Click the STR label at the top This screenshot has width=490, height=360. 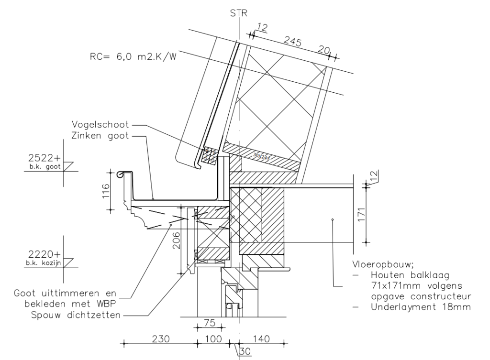click(238, 13)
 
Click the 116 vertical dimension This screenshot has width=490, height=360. click(107, 191)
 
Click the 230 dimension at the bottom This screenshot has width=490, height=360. click(161, 338)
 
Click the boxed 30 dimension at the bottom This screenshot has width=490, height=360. click(245, 350)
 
